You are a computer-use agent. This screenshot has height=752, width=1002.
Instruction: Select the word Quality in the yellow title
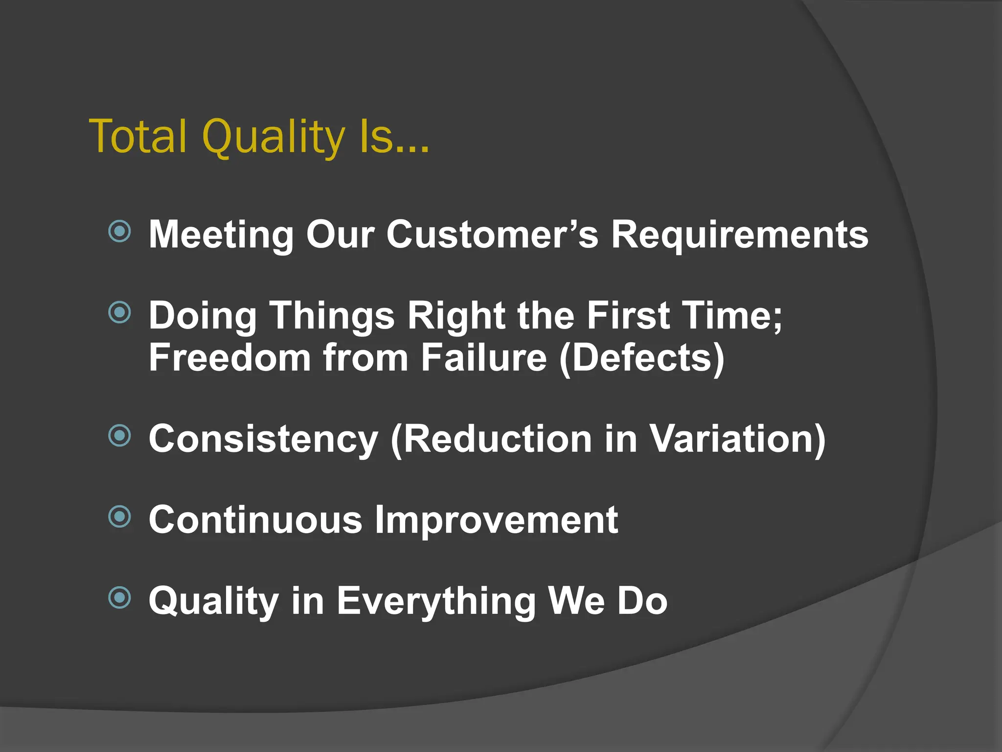pos(273,138)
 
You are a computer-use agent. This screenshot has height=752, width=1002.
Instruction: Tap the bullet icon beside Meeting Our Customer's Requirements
pos(120,231)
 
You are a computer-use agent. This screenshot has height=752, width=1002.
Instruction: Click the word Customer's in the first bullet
pos(492,235)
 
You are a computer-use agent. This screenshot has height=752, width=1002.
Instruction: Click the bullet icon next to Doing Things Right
pos(120,312)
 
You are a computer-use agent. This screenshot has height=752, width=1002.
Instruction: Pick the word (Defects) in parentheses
pos(641,358)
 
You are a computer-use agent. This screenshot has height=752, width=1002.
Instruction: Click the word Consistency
pos(263,439)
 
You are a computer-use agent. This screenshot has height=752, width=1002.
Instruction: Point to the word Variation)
pos(737,439)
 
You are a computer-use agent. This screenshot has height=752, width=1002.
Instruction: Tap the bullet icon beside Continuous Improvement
pos(120,517)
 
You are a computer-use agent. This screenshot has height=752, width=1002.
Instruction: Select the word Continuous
pos(255,520)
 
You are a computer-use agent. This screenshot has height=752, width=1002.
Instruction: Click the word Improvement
pos(496,521)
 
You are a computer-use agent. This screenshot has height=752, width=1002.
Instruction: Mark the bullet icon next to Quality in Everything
pos(120,597)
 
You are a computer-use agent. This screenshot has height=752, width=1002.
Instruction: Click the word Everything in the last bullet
pos(436,602)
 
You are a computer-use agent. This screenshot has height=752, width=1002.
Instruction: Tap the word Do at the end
pos(642,601)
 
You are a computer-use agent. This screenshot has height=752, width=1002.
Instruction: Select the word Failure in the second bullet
pos(483,358)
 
